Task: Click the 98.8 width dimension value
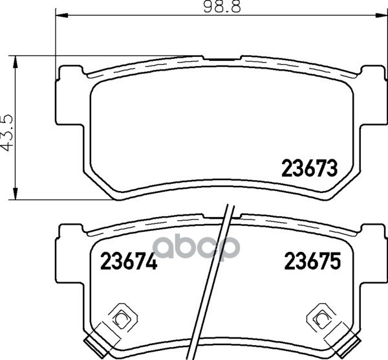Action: tap(222, 7)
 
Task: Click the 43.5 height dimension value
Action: tap(7, 133)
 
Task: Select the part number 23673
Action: tap(310, 168)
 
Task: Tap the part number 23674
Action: tap(129, 261)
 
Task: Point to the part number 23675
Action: tap(312, 261)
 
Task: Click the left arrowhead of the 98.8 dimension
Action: tap(62, 16)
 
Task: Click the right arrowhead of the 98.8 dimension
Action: tap(381, 16)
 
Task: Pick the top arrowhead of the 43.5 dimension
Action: tap(16, 62)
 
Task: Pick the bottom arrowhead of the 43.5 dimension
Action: tap(16, 193)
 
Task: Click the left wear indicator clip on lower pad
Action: tap(123, 317)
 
